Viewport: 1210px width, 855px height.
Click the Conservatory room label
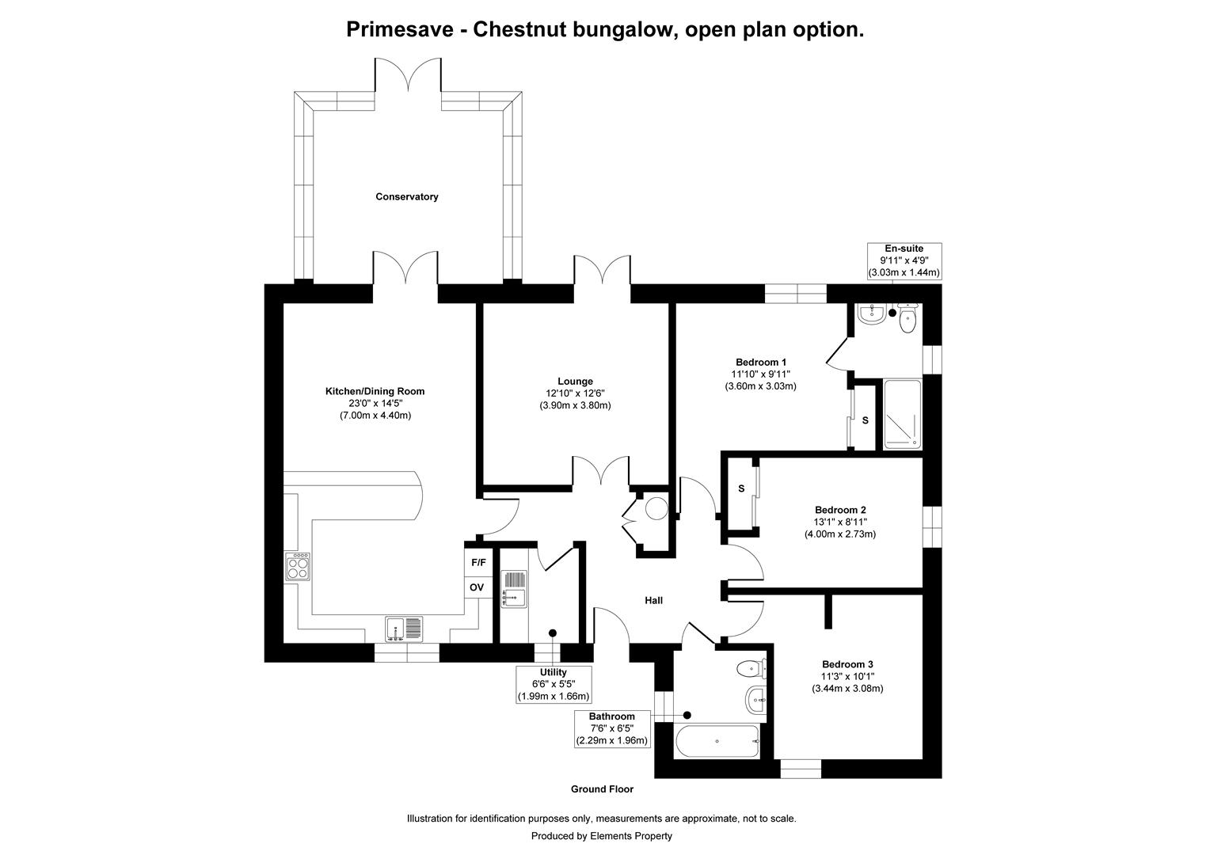coord(406,196)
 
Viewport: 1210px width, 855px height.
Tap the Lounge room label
coord(574,382)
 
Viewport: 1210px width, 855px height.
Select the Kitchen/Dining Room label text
coord(375,391)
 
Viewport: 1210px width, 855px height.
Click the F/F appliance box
coord(478,563)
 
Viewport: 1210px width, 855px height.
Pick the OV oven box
coord(477,587)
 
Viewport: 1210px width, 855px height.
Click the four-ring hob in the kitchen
coord(299,566)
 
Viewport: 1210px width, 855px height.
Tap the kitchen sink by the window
coord(405,629)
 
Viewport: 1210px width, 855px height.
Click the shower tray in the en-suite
coord(902,415)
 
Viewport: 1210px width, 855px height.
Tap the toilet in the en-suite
coord(907,318)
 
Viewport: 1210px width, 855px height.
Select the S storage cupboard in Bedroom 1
coord(865,420)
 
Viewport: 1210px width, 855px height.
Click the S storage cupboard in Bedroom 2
coord(741,488)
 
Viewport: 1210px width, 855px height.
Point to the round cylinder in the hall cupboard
coord(656,507)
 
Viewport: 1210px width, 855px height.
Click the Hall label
coord(653,601)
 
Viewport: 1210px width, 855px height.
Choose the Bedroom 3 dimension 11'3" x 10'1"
coord(847,676)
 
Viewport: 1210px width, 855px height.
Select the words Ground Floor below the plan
coord(602,789)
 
